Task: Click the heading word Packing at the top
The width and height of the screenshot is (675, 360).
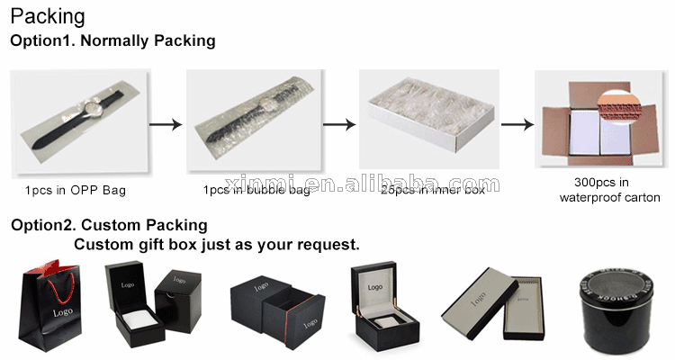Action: [x=48, y=16]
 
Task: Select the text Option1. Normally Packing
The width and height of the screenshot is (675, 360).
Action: [x=112, y=40]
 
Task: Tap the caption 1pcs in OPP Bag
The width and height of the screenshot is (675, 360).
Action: [x=76, y=190]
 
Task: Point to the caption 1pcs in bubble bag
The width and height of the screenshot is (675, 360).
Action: [x=256, y=190]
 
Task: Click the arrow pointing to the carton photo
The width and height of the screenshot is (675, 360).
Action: [x=514, y=125]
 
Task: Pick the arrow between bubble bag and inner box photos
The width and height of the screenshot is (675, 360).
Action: [x=338, y=125]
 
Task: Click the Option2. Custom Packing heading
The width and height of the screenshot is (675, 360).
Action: [x=109, y=225]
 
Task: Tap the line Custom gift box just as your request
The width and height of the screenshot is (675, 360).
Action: [x=216, y=244]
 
